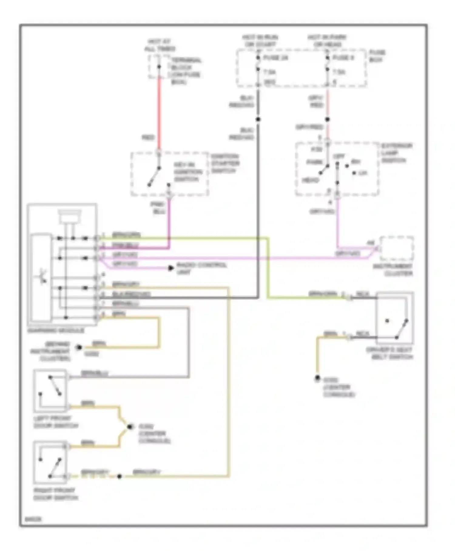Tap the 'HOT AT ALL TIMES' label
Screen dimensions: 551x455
click(160, 45)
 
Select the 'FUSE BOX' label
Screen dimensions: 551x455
click(377, 56)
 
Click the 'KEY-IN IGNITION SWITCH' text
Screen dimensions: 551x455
click(188, 172)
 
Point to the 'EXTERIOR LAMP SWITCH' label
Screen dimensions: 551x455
click(396, 153)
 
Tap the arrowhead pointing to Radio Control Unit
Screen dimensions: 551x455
click(171, 268)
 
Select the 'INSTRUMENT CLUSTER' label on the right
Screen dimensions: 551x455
click(393, 270)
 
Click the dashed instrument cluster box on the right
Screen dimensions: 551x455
click(397, 248)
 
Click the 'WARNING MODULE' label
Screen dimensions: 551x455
click(56, 330)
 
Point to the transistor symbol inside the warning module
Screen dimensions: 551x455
click(43, 277)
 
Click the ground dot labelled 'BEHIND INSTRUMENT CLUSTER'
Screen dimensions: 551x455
click(79, 347)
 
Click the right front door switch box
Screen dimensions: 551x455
click(50, 462)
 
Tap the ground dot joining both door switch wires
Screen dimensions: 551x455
click(130, 427)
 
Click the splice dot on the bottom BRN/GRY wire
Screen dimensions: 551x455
click(120, 476)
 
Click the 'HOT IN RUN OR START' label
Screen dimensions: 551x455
click(260, 41)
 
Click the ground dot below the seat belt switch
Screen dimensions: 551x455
click(317, 378)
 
